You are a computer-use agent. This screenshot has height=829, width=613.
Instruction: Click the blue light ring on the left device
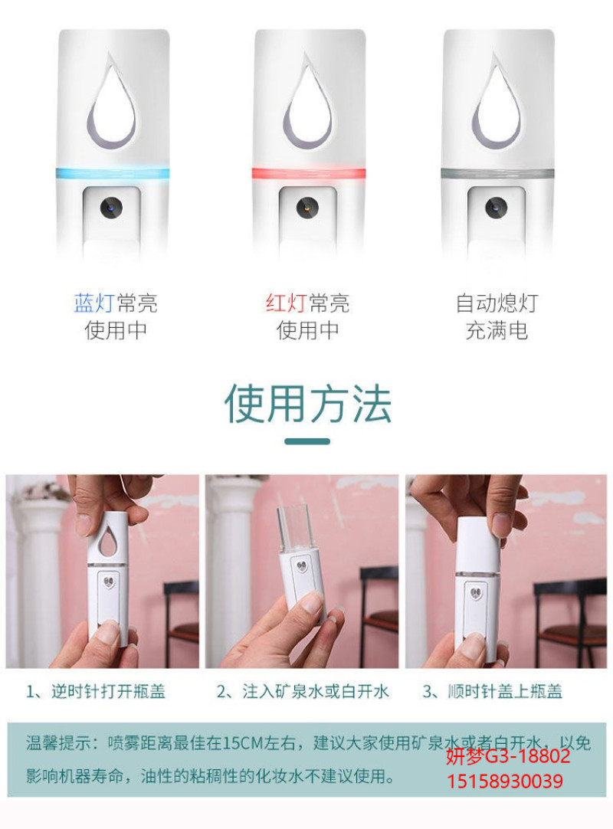[x=113, y=173]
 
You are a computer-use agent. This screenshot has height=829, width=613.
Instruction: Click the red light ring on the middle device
[x=309, y=173]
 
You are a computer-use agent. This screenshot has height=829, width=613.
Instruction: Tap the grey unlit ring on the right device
[x=498, y=173]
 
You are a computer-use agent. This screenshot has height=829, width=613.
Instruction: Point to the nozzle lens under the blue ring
[x=111, y=208]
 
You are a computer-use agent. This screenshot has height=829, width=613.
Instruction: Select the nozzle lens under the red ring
[x=306, y=208]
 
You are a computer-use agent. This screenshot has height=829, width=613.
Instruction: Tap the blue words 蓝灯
[x=94, y=303]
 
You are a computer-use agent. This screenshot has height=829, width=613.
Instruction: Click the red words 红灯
[x=286, y=303]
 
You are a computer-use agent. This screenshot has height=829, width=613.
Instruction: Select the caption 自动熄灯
[x=497, y=303]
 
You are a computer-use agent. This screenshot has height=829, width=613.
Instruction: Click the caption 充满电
[x=497, y=331]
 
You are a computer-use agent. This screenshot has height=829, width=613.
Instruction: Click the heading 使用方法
[x=308, y=404]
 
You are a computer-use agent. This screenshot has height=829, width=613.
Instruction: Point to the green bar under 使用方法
[x=307, y=441]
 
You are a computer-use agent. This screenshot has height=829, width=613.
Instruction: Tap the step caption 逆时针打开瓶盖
[x=108, y=692]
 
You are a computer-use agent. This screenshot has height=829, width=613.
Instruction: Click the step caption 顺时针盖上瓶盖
[x=504, y=692]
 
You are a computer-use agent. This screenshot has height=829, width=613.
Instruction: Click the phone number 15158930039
[x=505, y=781]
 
